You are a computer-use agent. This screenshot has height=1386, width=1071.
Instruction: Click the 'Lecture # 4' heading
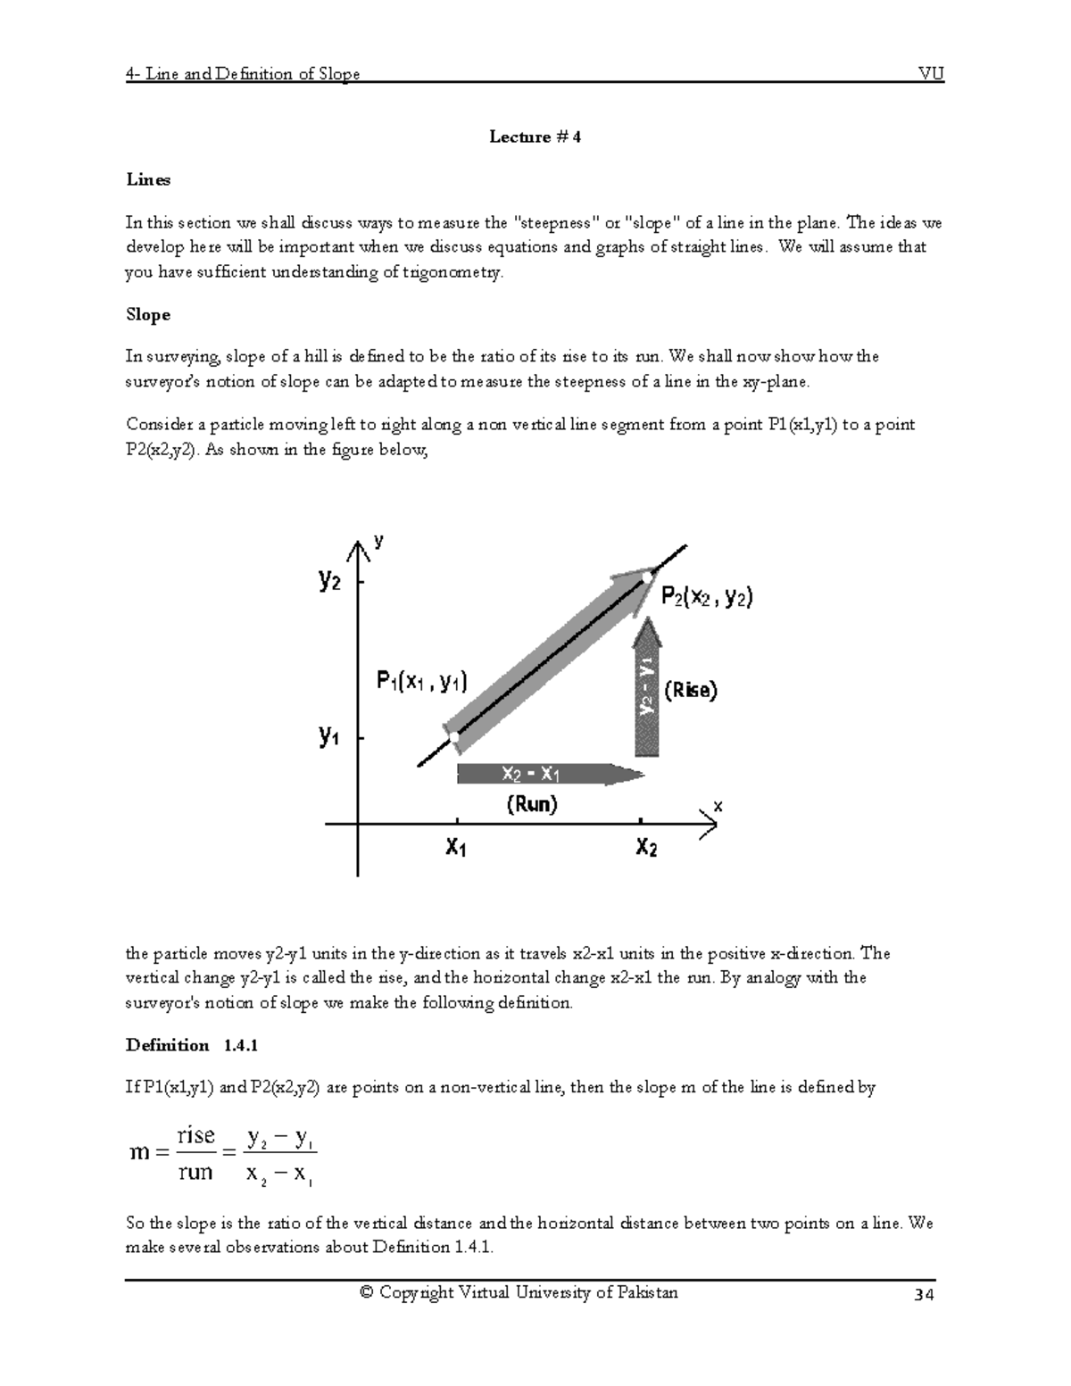pyautogui.click(x=535, y=137)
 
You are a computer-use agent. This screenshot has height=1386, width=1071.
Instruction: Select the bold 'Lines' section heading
pyautogui.click(x=147, y=179)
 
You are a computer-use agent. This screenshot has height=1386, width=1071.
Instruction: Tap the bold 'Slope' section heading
pyautogui.click(x=147, y=315)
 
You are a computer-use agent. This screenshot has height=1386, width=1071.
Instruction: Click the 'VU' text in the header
pyautogui.click(x=931, y=74)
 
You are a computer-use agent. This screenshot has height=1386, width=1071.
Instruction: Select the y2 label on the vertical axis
pyautogui.click(x=329, y=581)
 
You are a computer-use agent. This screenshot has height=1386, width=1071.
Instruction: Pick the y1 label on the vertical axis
pyautogui.click(x=329, y=737)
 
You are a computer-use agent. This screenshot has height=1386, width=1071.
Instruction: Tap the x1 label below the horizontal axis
pyautogui.click(x=455, y=847)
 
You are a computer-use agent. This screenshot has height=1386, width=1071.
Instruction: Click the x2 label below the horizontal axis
pyautogui.click(x=646, y=847)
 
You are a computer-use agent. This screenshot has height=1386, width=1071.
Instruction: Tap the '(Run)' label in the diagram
pyautogui.click(x=532, y=804)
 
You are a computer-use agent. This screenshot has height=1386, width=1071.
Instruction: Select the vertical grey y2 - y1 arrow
pyautogui.click(x=647, y=687)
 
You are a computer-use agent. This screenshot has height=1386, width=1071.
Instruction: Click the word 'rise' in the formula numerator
pyautogui.click(x=196, y=1135)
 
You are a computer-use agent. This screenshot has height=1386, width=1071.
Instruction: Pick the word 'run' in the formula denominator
pyautogui.click(x=195, y=1172)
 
